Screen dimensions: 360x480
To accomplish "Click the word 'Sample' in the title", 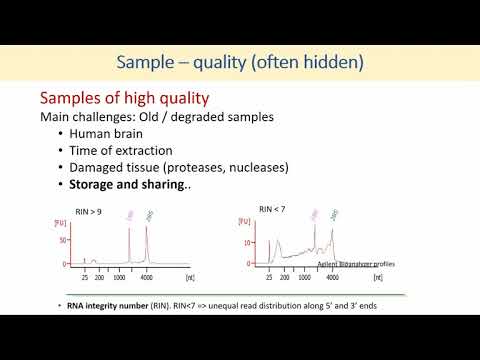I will coord(146,62).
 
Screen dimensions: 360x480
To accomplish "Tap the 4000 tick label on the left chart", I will coord(147,278).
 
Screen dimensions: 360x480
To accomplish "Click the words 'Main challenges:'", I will coord(78,116).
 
